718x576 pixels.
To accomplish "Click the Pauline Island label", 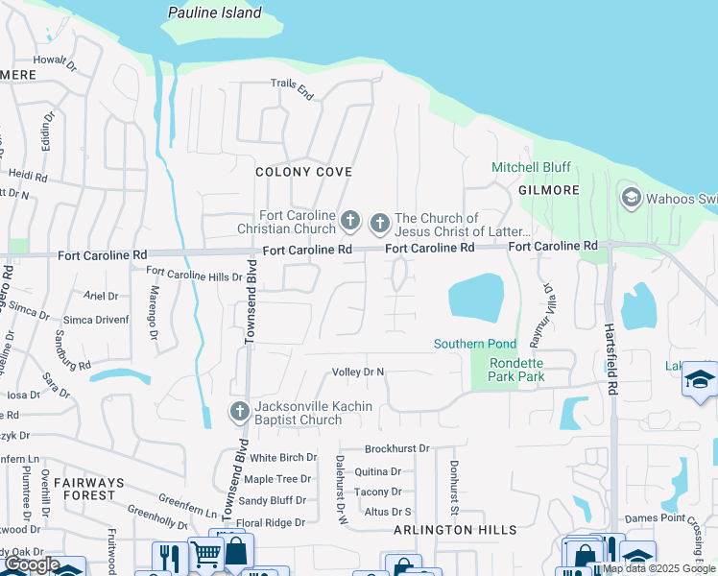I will pyautogui.click(x=214, y=13).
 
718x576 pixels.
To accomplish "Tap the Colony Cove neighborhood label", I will pyautogui.click(x=303, y=172).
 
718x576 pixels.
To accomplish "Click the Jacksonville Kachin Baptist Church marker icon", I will pyautogui.click(x=240, y=413).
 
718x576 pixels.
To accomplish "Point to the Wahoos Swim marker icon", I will pyautogui.click(x=631, y=199).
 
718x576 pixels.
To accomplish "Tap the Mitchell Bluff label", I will pyautogui.click(x=531, y=167).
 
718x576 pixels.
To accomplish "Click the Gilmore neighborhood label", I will pyautogui.click(x=549, y=190).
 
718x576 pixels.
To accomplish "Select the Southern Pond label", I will pyautogui.click(x=474, y=344).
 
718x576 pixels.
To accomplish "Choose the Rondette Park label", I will pyautogui.click(x=516, y=370).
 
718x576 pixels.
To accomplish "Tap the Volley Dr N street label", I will pyautogui.click(x=357, y=372).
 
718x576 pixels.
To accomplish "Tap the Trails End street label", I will pyautogui.click(x=292, y=90).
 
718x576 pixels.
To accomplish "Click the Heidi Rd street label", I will pyautogui.click(x=27, y=177).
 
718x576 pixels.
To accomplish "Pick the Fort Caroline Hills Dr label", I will pyautogui.click(x=194, y=276).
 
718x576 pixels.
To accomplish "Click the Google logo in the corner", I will pyautogui.click(x=32, y=564).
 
